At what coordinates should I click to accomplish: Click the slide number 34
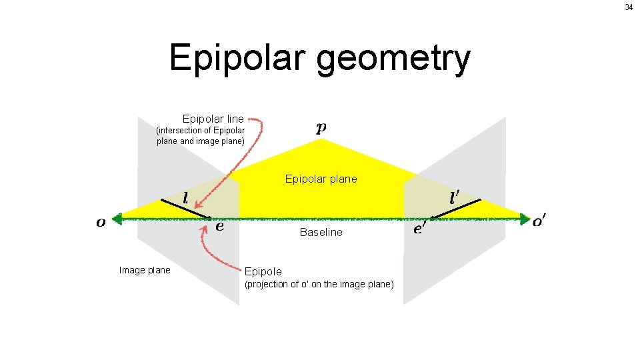coord(629,7)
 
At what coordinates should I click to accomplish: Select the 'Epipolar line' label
coord(213,119)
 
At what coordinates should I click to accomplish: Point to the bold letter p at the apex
coord(321,128)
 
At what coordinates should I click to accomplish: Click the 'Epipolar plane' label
coord(321,179)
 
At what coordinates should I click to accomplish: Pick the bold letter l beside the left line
coord(185,198)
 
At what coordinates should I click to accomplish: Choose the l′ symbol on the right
coord(455,198)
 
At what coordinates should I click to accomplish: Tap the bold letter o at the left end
coord(101,223)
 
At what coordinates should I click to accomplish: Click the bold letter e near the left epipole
coord(219,226)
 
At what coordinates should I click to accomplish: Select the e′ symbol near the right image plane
coord(420,229)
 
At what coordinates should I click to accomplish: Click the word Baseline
coord(321,232)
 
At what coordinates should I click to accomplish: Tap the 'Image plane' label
coord(144,270)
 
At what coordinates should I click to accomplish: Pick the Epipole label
coord(263,271)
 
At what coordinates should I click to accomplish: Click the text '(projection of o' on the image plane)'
coord(319,285)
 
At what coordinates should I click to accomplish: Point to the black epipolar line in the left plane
coord(185,208)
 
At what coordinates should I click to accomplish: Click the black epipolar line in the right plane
coord(455,208)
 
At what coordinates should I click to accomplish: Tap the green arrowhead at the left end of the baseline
coord(117,218)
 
